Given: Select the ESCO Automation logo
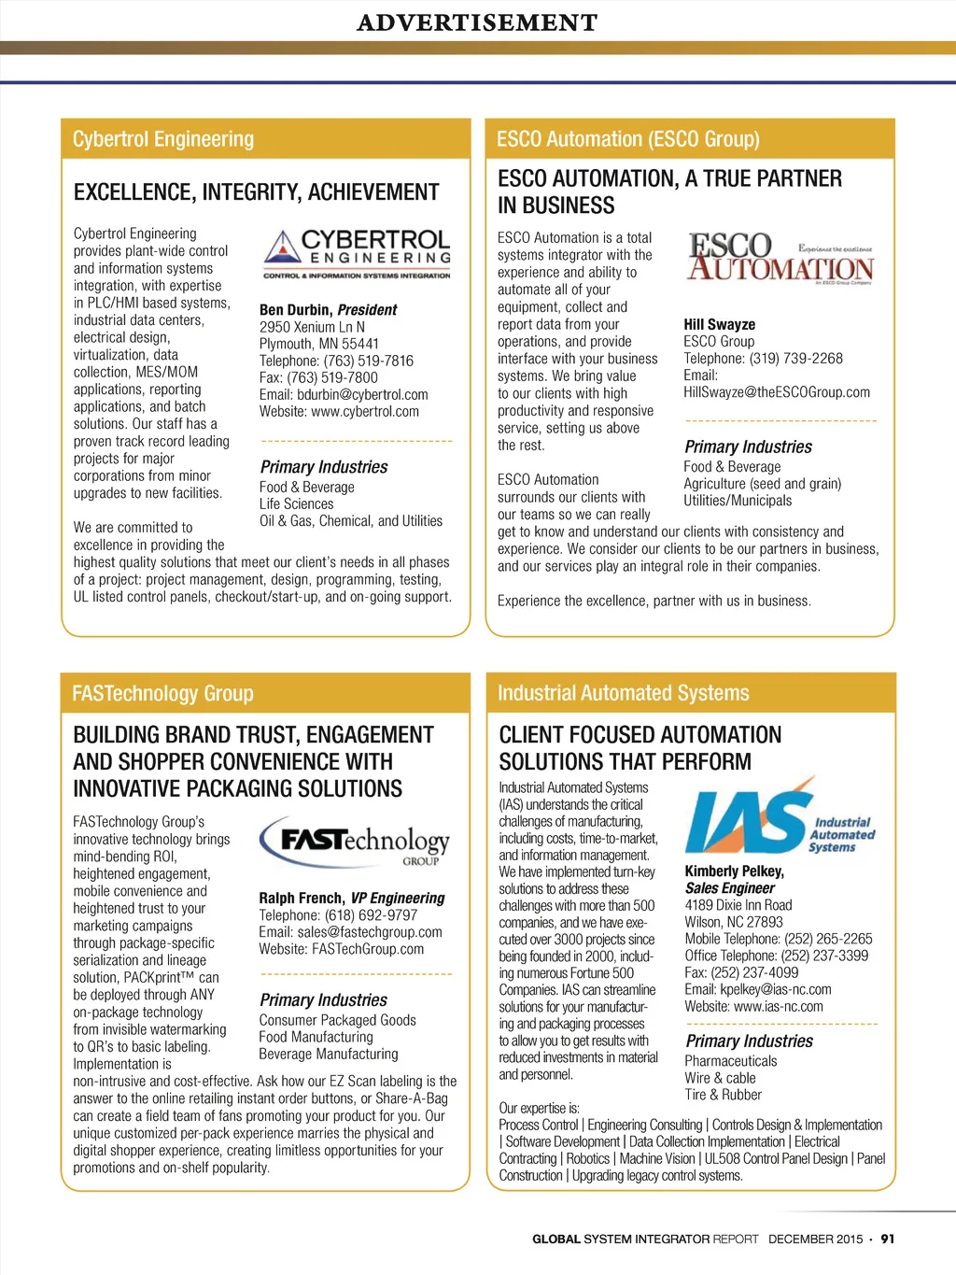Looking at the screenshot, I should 780,258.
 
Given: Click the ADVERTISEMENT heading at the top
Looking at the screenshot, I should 477,22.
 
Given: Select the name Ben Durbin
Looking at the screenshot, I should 295,310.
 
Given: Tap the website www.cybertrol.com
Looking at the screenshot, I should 365,412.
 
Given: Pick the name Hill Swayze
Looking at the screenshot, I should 719,325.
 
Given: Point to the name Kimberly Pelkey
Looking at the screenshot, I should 734,871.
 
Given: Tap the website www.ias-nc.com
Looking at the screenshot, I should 779,1007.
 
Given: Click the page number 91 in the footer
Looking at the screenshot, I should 887,1240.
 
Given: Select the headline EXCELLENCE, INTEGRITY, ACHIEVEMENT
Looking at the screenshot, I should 256,192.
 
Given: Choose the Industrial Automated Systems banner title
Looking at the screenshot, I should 624,693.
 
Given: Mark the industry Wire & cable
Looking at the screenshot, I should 720,1078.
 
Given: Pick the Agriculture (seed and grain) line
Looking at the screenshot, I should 762,484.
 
